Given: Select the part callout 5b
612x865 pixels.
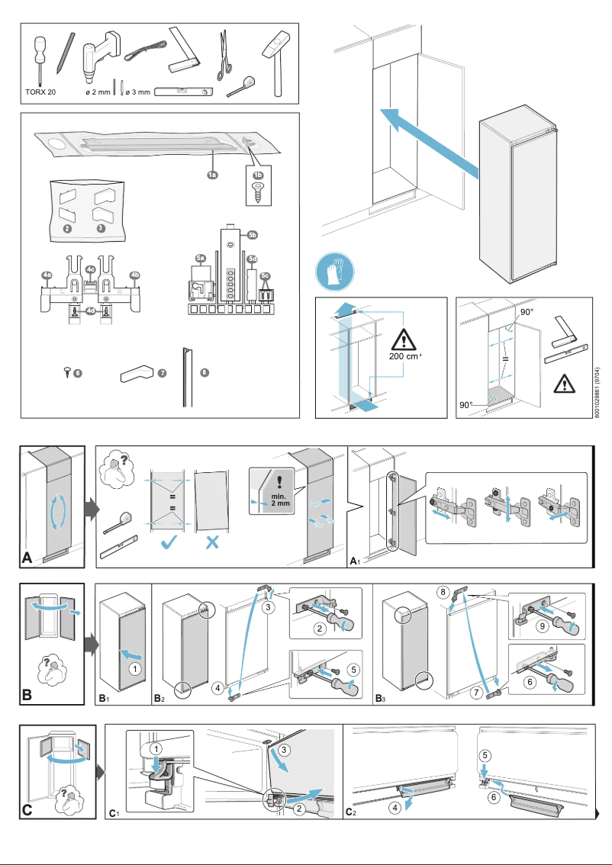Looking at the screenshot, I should pyautogui.click(x=253, y=235).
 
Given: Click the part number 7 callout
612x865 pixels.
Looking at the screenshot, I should pyautogui.click(x=161, y=372).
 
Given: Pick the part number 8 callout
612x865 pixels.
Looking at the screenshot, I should pyautogui.click(x=204, y=372).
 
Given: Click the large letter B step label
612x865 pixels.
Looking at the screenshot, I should pyautogui.click(x=27, y=695).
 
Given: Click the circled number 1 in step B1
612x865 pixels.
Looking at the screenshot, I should pyautogui.click(x=134, y=668).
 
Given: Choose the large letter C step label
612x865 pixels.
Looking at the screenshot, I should pyautogui.click(x=27, y=809).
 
